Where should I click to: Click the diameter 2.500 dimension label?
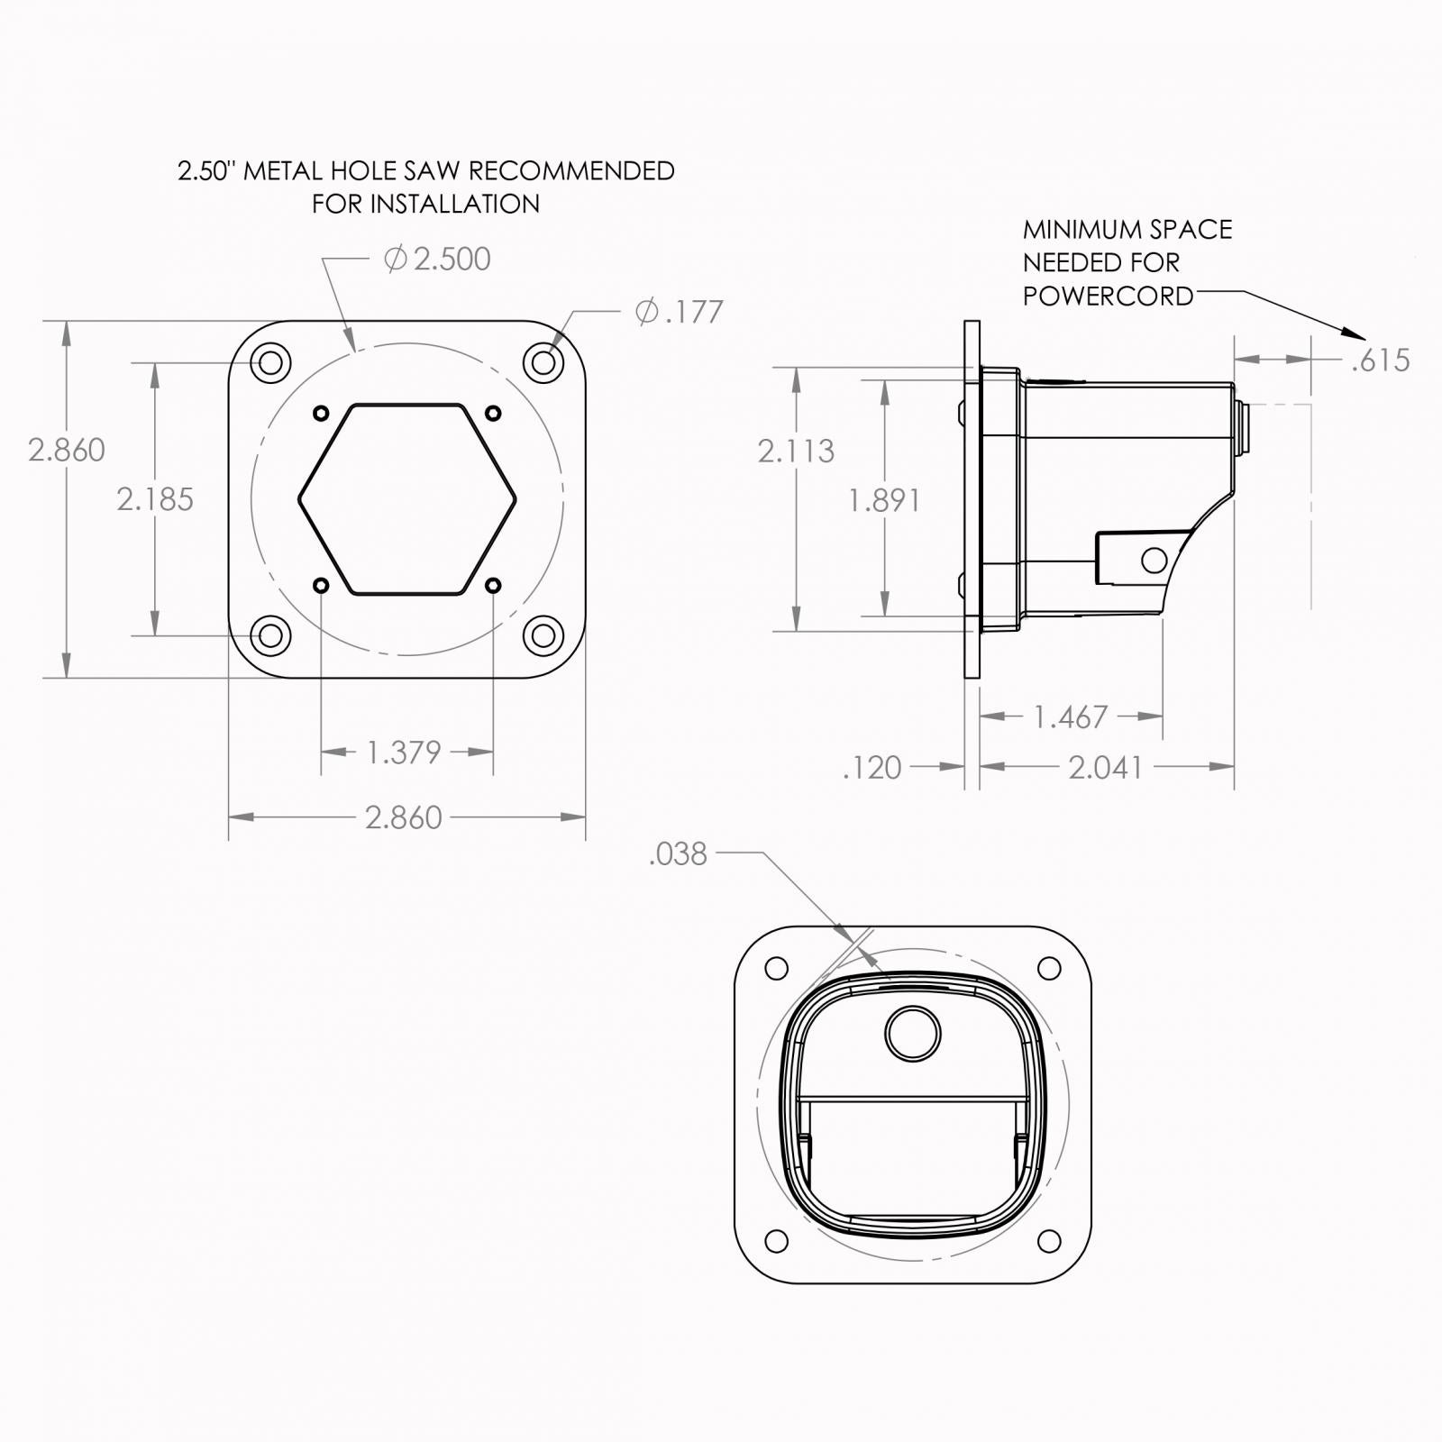438,260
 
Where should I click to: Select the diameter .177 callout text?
680,312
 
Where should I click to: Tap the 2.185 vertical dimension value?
155,499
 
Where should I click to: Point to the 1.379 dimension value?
404,752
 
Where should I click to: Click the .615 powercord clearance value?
1380,360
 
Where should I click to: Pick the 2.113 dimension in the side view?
796,451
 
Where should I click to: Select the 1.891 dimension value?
884,500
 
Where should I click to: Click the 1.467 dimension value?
1070,717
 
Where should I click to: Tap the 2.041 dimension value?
1105,768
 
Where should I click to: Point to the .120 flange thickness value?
872,768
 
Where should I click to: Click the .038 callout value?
678,853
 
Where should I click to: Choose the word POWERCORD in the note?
1108,297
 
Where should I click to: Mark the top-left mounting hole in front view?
269,363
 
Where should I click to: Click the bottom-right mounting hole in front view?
543,635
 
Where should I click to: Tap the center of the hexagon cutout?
407,499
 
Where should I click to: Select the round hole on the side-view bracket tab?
1153,561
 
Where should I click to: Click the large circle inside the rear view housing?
912,1033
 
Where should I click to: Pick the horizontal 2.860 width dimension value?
404,818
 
